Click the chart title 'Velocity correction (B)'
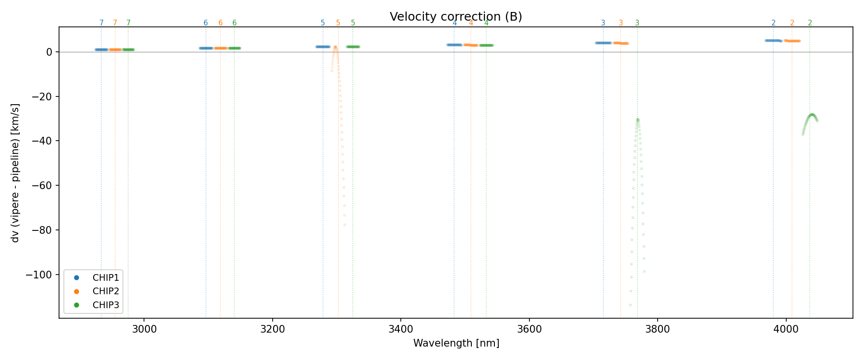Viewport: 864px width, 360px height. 456,17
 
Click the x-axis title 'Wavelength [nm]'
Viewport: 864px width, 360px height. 456,343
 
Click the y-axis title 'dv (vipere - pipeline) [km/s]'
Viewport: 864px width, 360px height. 15,173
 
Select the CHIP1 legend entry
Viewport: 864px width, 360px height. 106,278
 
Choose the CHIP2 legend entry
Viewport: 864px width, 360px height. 106,291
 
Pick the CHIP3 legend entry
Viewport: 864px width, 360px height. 106,305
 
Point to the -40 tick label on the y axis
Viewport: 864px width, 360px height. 43,141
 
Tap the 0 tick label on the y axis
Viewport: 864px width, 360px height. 49,52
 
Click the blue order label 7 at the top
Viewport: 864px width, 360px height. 101,23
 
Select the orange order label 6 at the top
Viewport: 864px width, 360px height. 220,23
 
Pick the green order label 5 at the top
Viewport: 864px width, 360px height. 353,23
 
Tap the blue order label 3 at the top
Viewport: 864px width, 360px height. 603,23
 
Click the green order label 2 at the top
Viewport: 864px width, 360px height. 810,23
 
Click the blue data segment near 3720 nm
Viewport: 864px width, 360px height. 603,43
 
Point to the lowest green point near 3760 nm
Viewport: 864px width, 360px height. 630,305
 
